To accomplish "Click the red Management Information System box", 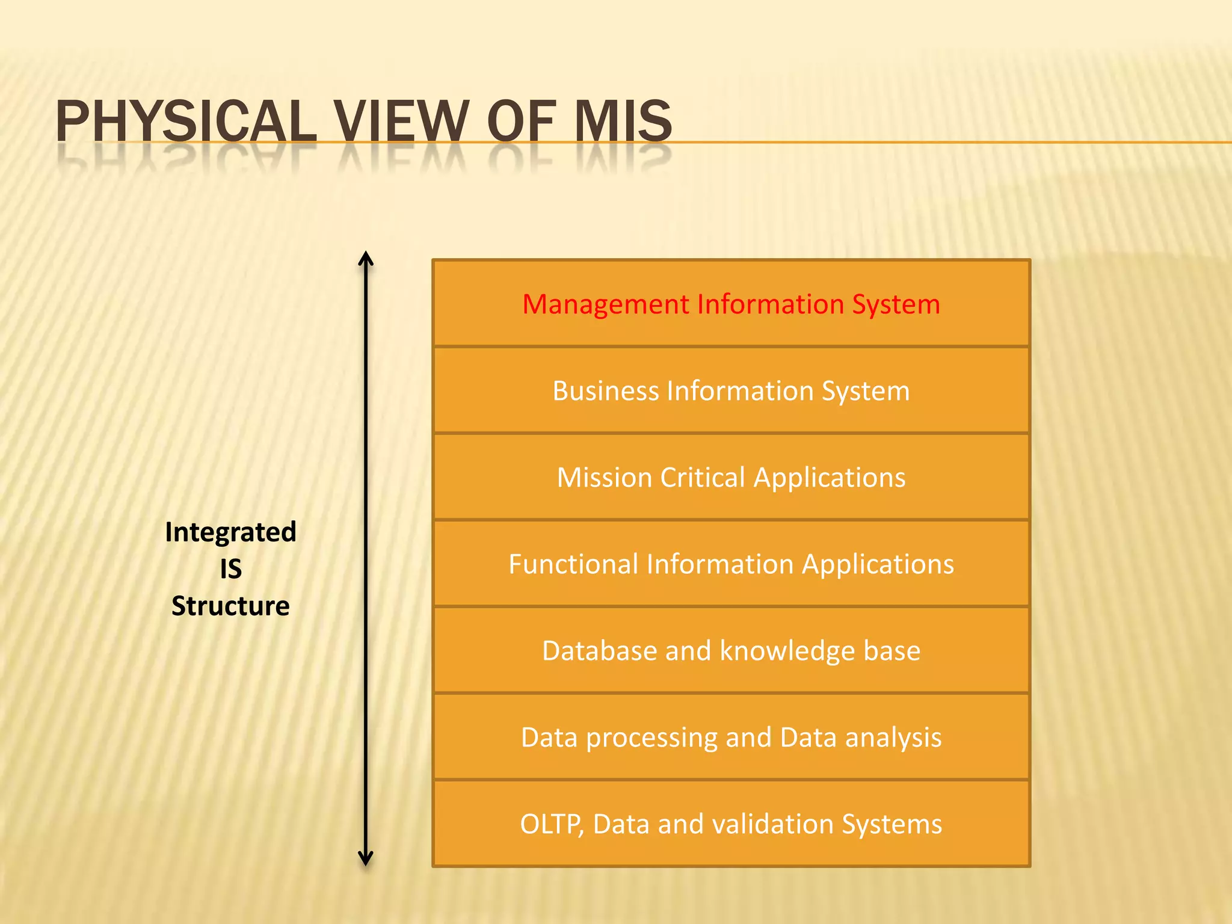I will click(731, 304).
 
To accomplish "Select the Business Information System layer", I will click(731, 391).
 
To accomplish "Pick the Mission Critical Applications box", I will click(731, 478).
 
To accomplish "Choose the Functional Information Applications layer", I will click(731, 564).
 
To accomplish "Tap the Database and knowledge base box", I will click(731, 651).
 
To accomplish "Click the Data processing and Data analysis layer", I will click(731, 738).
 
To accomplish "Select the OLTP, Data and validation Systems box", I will click(731, 824).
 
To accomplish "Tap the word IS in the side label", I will click(230, 569).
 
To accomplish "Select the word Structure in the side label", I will click(230, 606).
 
